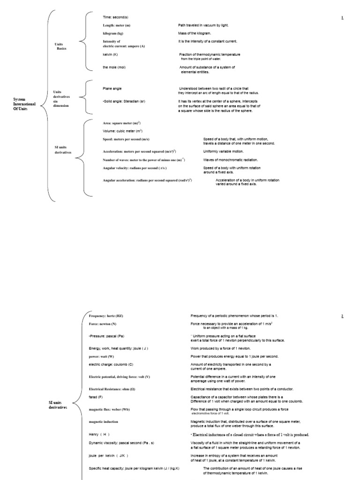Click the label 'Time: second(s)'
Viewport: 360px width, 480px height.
coord(115,17)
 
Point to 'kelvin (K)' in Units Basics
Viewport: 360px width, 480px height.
coord(110,54)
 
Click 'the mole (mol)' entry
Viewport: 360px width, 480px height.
coord(114,67)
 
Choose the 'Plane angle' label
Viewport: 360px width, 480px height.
coord(112,88)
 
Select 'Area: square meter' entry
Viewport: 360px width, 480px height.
coord(121,123)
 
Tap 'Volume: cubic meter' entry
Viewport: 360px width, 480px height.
coord(122,131)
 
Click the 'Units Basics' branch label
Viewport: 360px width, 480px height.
coord(61,46)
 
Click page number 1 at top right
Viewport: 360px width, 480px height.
coord(342,17)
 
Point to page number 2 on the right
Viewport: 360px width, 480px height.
coord(342,316)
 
